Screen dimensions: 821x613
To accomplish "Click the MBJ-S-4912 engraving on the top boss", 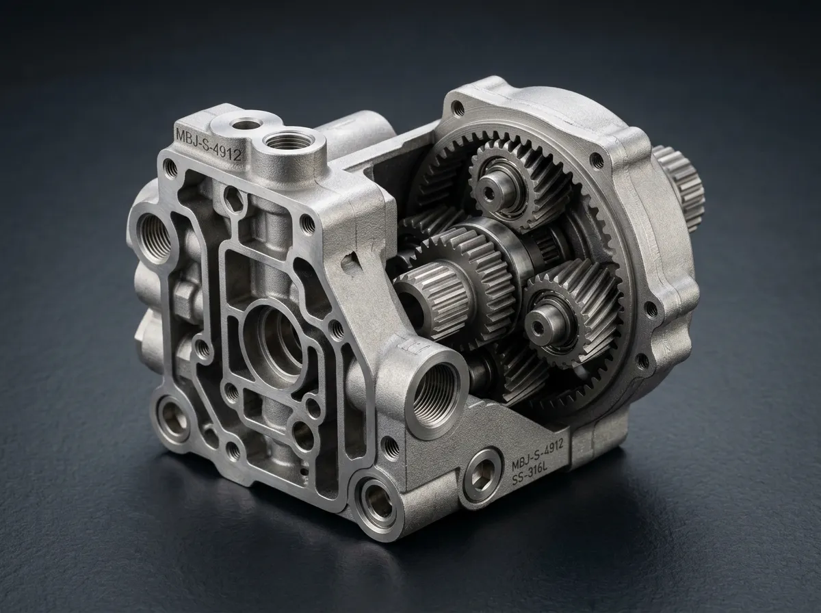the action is (207, 144).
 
